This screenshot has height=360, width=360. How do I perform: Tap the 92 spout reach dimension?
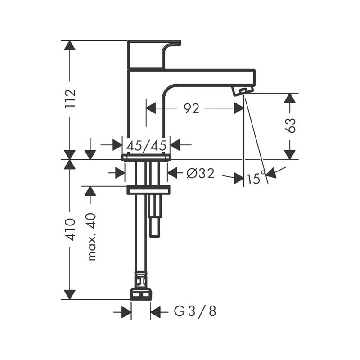pyautogui.click(x=192, y=108)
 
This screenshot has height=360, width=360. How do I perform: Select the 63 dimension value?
pyautogui.click(x=291, y=126)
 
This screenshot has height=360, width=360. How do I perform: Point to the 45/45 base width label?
pyautogui.click(x=146, y=145)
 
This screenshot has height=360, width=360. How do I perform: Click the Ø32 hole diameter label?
pyautogui.click(x=200, y=173)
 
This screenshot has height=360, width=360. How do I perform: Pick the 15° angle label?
pyautogui.click(x=254, y=179)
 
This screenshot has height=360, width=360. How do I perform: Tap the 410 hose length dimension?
pyautogui.click(x=70, y=229)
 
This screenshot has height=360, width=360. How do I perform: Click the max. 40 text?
pyautogui.click(x=91, y=236)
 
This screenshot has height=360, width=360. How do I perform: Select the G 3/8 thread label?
pyautogui.click(x=195, y=311)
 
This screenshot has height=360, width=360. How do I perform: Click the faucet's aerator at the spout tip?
pyautogui.click(x=242, y=91)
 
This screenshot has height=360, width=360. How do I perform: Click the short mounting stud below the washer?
pyautogui.click(x=154, y=216)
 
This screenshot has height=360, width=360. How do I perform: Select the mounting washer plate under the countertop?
pyautogui.click(x=148, y=190)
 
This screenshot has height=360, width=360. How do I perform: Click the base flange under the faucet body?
pyautogui.click(x=146, y=157)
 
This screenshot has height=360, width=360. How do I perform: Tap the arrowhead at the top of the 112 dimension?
pyautogui.click(x=70, y=45)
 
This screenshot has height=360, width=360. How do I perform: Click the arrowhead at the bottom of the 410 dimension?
pyautogui.click(x=70, y=294)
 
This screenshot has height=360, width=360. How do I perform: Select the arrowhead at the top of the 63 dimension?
pyautogui.click(x=291, y=98)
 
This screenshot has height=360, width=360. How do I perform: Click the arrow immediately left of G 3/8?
pyautogui.click(x=156, y=311)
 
